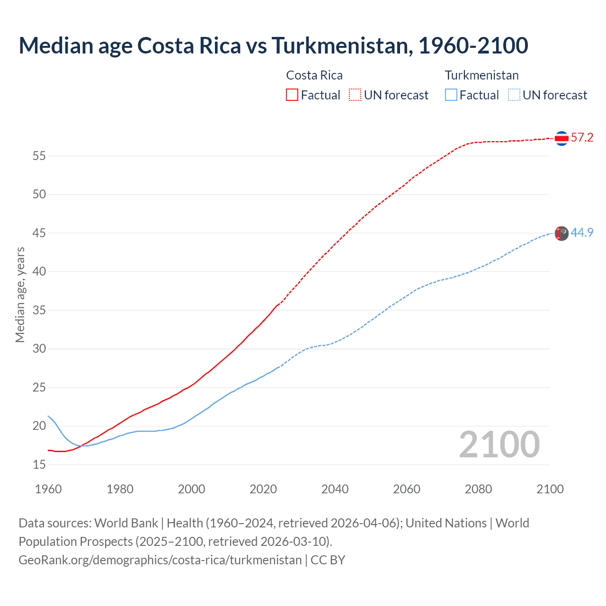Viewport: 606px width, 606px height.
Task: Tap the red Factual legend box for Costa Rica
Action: (x=292, y=95)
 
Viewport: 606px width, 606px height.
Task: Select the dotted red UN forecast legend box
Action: (x=355, y=95)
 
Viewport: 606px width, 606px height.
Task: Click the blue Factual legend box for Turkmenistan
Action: (x=451, y=95)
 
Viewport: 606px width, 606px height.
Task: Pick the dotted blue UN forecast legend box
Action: (x=514, y=95)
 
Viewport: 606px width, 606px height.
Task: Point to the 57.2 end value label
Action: (x=582, y=138)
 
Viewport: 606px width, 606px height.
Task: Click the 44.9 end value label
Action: (x=582, y=232)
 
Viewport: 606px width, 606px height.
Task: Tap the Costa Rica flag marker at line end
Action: (x=561, y=138)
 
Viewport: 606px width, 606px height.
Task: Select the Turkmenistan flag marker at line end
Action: (x=561, y=233)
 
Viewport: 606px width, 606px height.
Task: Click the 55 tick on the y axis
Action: (x=39, y=156)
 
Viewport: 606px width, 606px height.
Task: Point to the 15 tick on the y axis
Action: (x=39, y=465)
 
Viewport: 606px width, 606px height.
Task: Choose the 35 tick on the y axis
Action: (x=39, y=311)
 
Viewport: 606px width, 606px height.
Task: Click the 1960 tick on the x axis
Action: (x=48, y=489)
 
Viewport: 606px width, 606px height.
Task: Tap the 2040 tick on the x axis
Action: (x=335, y=489)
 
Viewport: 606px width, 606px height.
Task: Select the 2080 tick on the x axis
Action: (x=478, y=489)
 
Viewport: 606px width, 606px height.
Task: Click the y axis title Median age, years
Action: (x=20, y=294)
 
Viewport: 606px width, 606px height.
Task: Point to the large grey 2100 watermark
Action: (x=499, y=445)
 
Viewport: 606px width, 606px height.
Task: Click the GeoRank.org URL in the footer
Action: (x=160, y=560)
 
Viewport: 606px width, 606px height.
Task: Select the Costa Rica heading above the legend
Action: (x=314, y=75)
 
